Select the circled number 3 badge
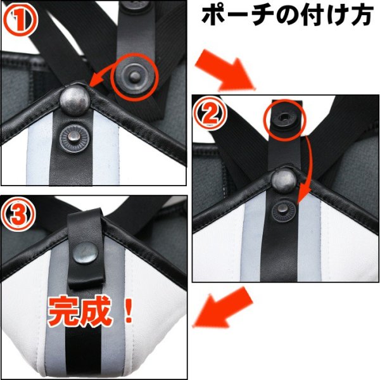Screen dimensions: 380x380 point(20,214)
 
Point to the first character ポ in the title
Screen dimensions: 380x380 point(213,16)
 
